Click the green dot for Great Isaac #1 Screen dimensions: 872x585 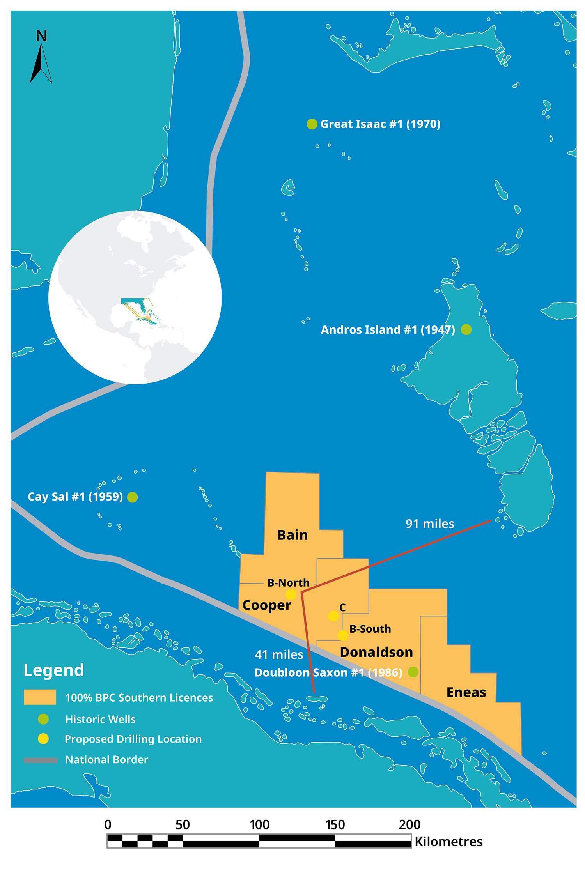click(x=312, y=124)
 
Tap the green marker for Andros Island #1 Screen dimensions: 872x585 click(x=466, y=329)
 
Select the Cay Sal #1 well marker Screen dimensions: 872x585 click(x=133, y=497)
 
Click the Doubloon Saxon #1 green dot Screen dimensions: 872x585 click(x=413, y=672)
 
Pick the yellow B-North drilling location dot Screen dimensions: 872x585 click(x=291, y=594)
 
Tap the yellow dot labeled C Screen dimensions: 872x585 click(x=333, y=616)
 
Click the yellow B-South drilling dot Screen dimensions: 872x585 click(x=342, y=635)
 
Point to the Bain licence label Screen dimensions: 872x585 click(x=292, y=535)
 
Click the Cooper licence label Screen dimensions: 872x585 click(x=267, y=605)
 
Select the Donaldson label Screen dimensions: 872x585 click(x=376, y=652)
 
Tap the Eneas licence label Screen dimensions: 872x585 click(x=466, y=692)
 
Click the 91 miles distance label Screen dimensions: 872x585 click(x=430, y=524)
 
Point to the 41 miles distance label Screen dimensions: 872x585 click(x=279, y=654)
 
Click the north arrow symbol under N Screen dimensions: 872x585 click(x=41, y=64)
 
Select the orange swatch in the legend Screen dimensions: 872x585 click(x=40, y=697)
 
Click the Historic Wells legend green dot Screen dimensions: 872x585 click(x=43, y=719)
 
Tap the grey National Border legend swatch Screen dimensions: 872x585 click(x=41, y=760)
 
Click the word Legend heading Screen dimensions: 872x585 click(x=54, y=670)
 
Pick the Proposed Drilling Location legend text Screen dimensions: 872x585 click(x=133, y=739)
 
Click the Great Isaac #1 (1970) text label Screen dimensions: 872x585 click(x=380, y=124)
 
